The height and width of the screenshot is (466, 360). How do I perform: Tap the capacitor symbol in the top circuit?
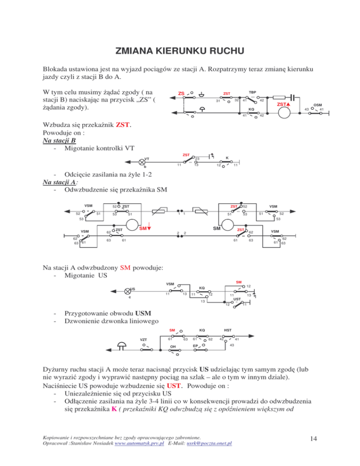pos(293,98)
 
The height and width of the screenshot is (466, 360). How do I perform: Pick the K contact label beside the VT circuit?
pos(227,158)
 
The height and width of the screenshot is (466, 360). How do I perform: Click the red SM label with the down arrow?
pos(145,228)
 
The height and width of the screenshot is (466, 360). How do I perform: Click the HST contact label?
pos(227,330)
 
